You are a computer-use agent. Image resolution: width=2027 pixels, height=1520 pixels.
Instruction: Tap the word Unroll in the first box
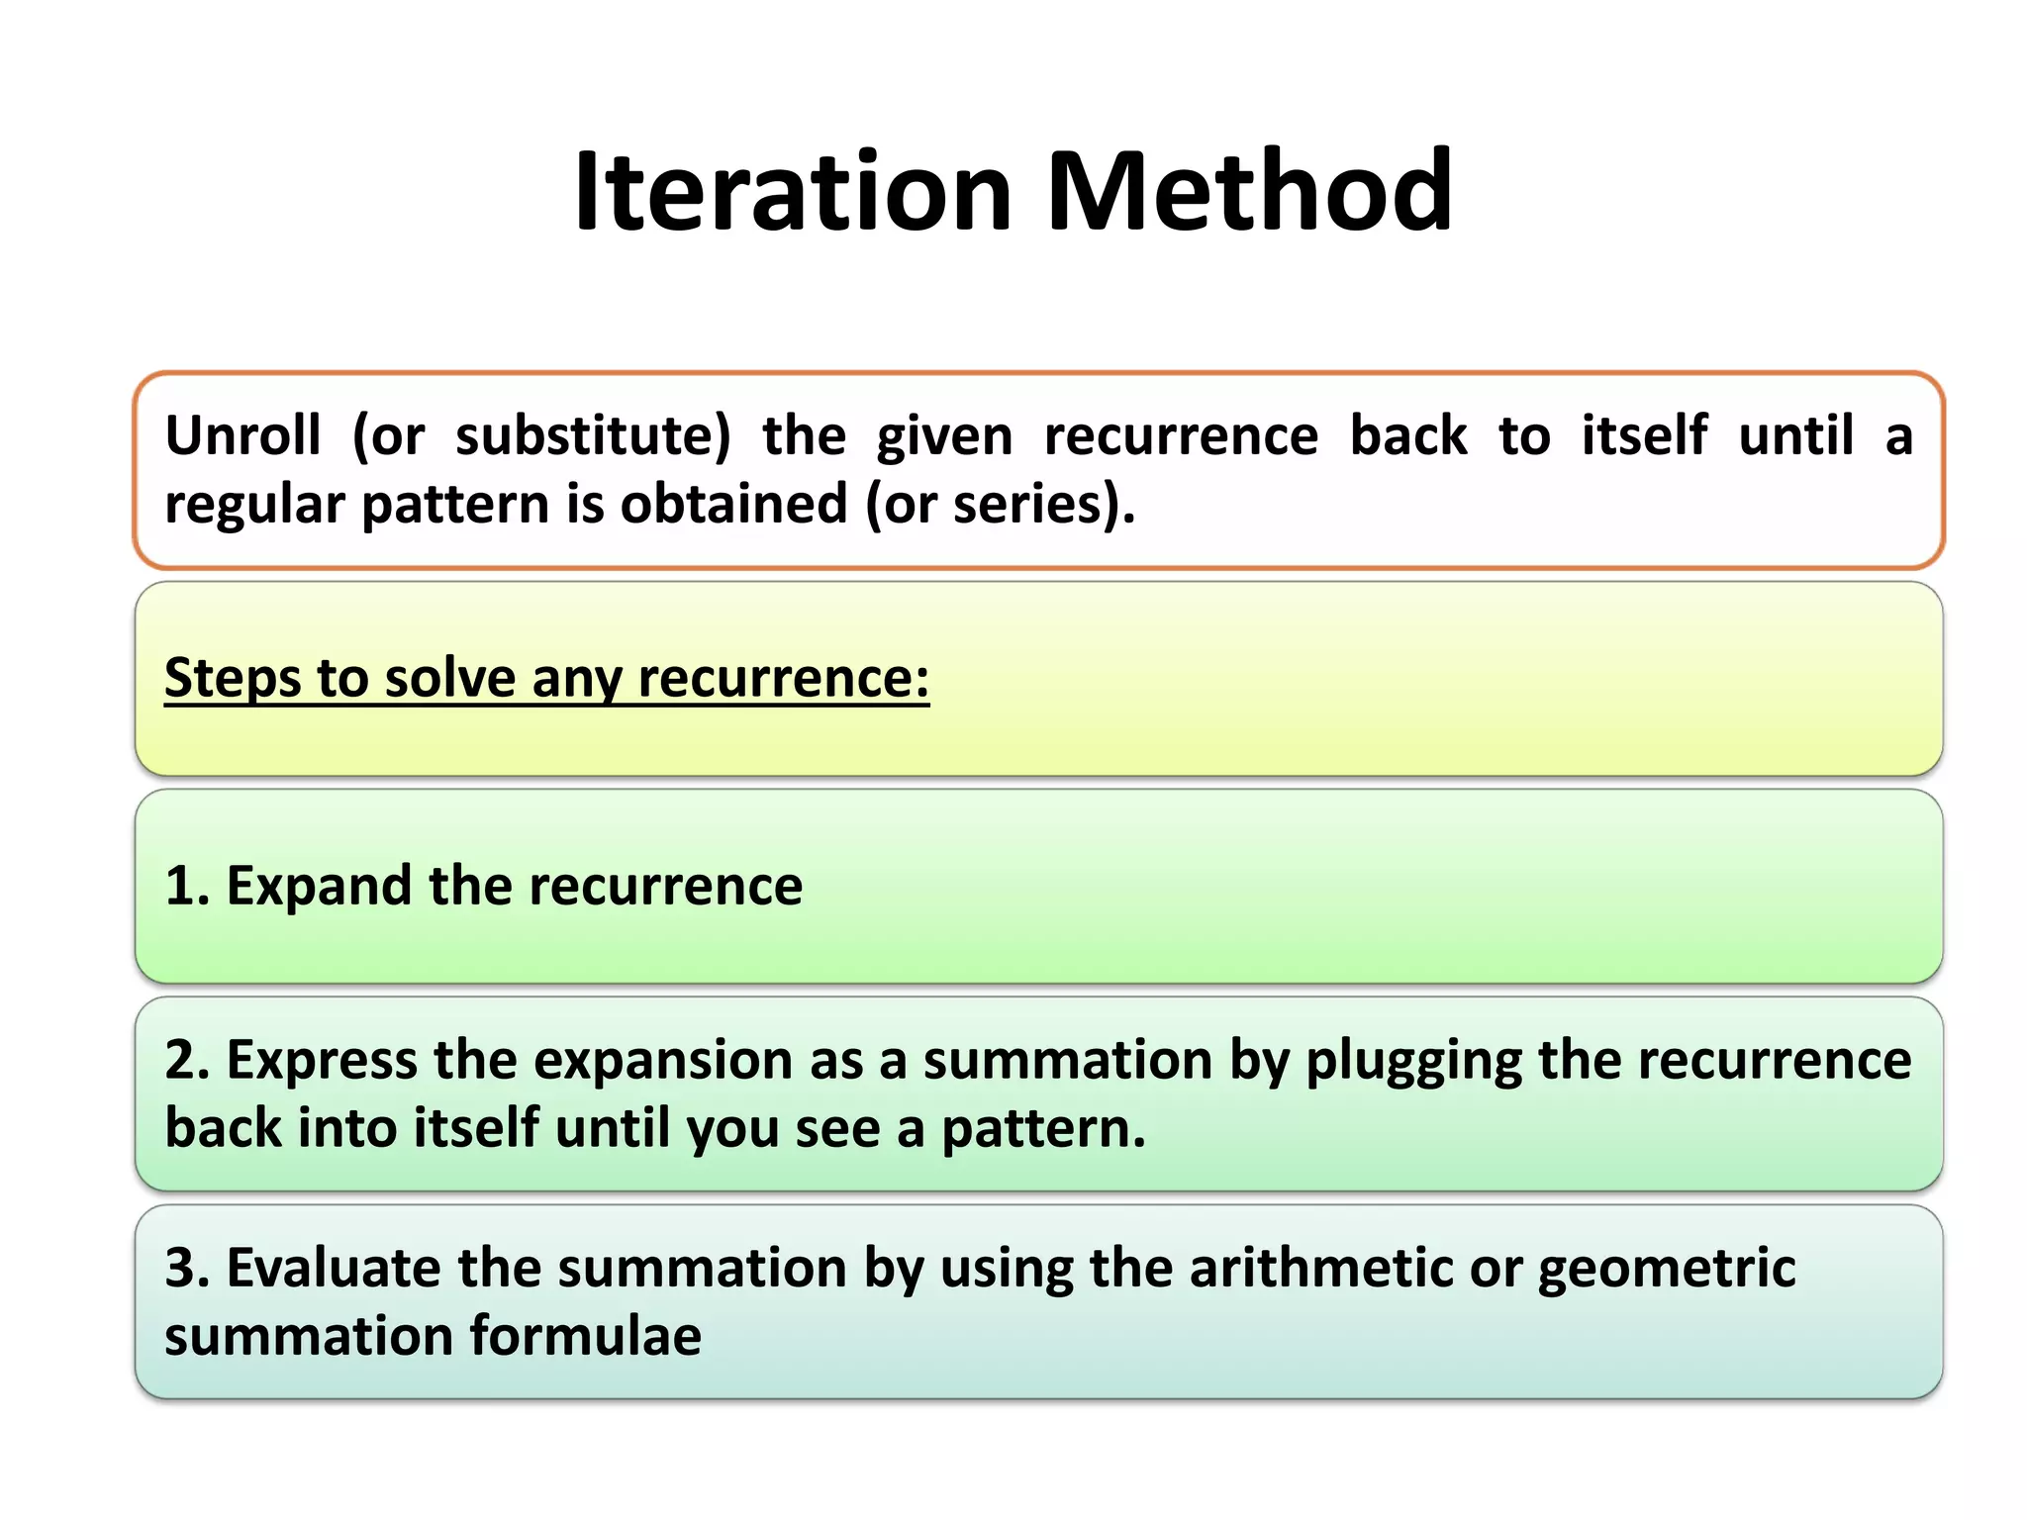tap(242, 435)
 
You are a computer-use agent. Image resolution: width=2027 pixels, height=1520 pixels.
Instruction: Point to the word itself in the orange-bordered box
tap(1644, 435)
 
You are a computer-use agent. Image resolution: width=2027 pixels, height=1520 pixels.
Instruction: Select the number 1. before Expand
tap(187, 886)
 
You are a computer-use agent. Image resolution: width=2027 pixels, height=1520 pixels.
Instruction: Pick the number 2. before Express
tap(187, 1061)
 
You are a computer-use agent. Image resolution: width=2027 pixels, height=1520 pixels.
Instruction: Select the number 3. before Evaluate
tap(187, 1269)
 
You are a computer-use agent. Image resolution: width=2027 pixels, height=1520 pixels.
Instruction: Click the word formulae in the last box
tap(585, 1337)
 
